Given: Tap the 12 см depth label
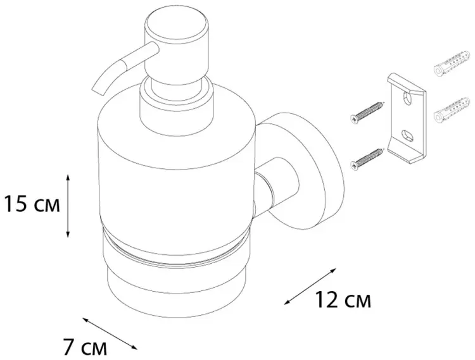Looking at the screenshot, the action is click(343, 299).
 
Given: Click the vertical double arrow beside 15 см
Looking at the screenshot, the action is click(68, 206).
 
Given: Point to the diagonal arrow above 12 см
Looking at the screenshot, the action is click(310, 286).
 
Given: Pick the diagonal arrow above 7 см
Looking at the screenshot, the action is click(110, 333).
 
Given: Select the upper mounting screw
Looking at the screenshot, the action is click(366, 113).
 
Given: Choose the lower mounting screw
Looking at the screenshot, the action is click(366, 159).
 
